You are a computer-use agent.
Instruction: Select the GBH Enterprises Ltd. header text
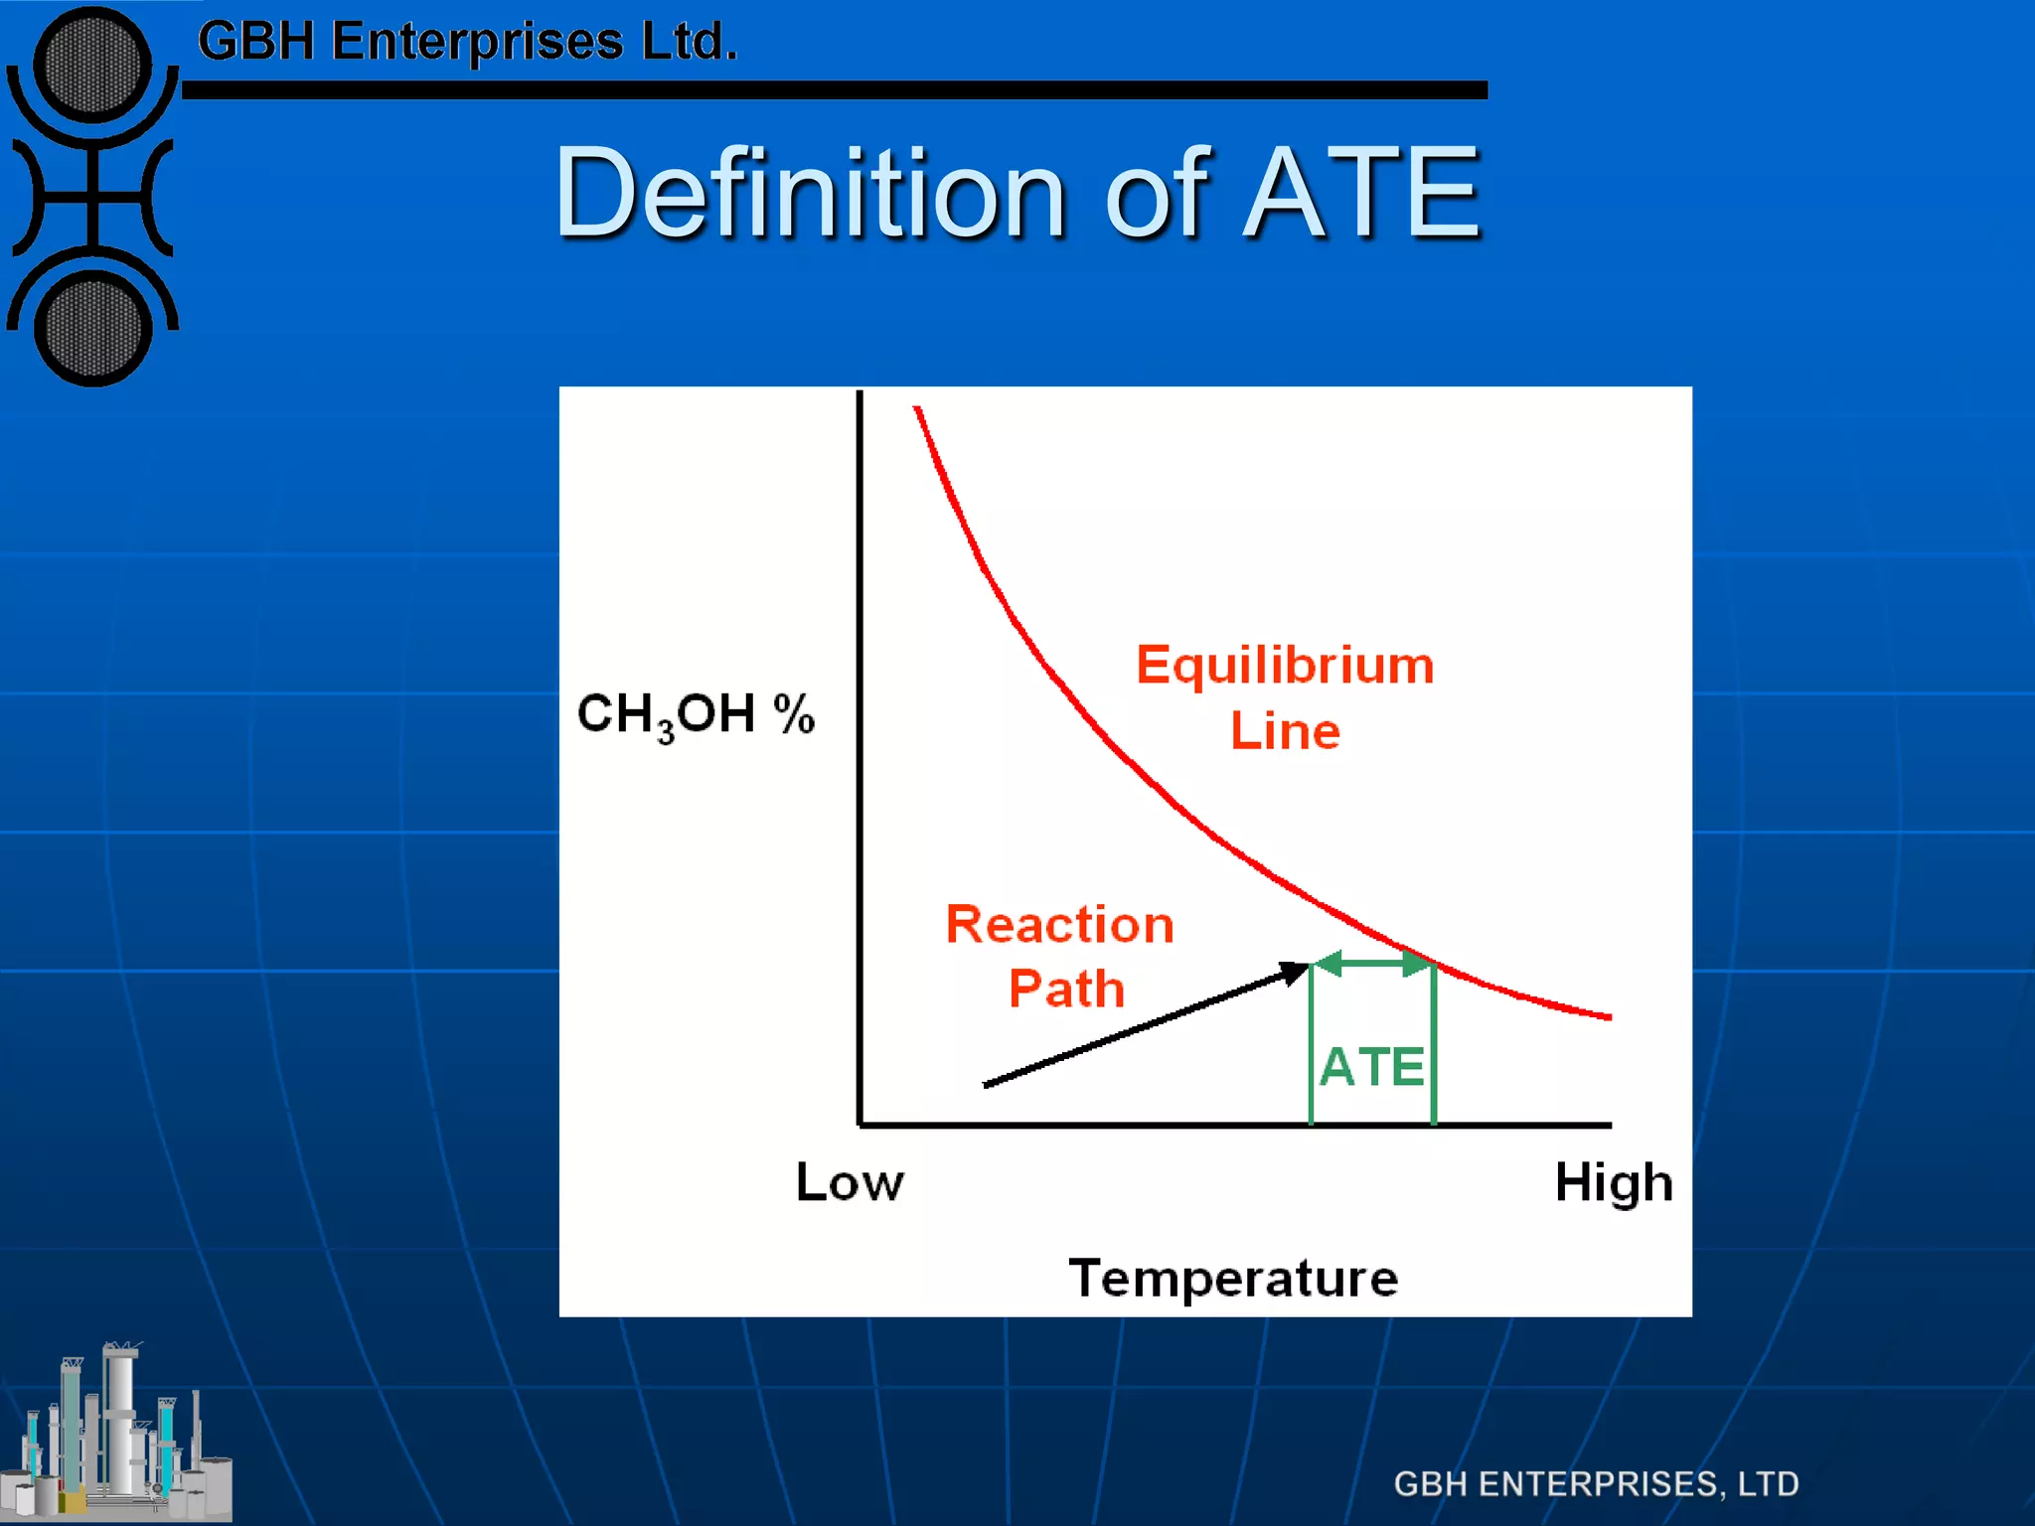(467, 42)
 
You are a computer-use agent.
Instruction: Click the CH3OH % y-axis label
(696, 714)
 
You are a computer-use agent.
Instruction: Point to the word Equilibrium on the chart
(1285, 666)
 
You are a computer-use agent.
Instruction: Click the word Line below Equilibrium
(1285, 731)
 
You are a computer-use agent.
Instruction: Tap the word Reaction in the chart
(1059, 924)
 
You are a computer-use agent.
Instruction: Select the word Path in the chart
(1066, 989)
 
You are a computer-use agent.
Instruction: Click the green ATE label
(1372, 1067)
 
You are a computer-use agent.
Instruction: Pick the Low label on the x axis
(850, 1182)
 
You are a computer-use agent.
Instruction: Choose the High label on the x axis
(1614, 1183)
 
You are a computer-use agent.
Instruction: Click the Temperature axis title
(1233, 1278)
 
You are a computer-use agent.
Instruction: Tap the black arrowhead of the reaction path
(1294, 973)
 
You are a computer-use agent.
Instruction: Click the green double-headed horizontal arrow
(1372, 963)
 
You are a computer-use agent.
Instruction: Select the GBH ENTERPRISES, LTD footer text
(1596, 1483)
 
